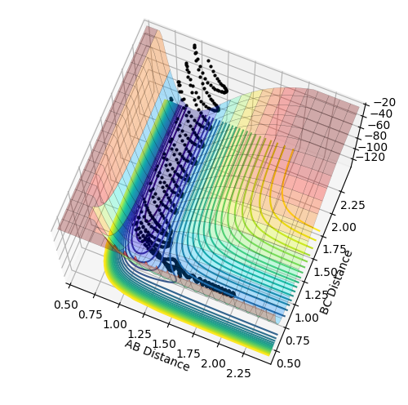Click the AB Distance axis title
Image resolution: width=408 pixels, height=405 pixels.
pyautogui.click(x=157, y=355)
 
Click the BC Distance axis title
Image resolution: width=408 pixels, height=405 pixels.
pyautogui.click(x=335, y=283)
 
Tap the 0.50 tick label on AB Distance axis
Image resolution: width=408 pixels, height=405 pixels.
pyautogui.click(x=66, y=305)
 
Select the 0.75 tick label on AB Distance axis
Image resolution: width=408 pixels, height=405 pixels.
pyautogui.click(x=91, y=314)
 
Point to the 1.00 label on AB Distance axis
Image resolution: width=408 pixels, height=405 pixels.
pyautogui.click(x=115, y=324)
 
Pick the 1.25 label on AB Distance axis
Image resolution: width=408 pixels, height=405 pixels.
pyautogui.click(x=140, y=334)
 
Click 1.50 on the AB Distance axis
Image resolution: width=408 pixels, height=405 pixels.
pyautogui.click(x=164, y=344)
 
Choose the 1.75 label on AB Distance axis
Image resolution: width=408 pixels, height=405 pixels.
pyautogui.click(x=188, y=354)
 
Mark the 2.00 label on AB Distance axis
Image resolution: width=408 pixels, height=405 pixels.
pyautogui.click(x=213, y=363)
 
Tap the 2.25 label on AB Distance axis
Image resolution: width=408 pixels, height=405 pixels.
pyautogui.click(x=238, y=373)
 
